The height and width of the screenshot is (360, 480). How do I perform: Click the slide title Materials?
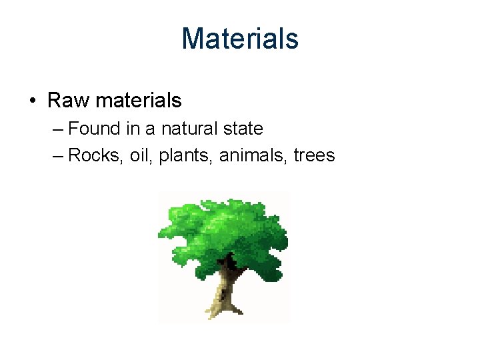tap(240, 38)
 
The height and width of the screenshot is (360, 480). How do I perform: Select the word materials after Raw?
tap(139, 101)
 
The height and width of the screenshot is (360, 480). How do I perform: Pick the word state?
tap(243, 128)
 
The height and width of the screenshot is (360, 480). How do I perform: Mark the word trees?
tap(314, 156)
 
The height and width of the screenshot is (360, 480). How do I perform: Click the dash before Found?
tap(57, 129)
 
